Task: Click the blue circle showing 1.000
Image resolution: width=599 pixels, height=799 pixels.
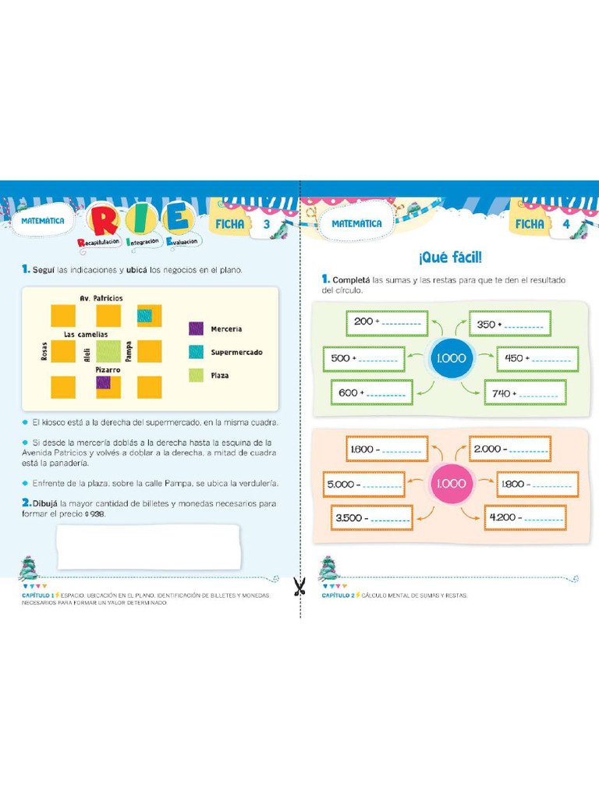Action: [x=448, y=358]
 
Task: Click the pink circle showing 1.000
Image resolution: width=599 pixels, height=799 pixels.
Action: [x=449, y=484]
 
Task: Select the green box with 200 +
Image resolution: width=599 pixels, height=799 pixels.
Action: [x=385, y=321]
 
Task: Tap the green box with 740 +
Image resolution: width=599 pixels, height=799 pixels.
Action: [x=525, y=393]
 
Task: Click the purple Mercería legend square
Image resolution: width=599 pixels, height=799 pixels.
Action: [x=197, y=328]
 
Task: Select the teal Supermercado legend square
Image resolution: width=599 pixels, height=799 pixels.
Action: [x=197, y=352]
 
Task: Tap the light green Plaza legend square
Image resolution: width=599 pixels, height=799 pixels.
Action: [x=197, y=375]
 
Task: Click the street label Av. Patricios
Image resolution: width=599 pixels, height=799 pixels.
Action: [x=101, y=298]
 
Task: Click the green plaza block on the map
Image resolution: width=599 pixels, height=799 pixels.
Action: [x=108, y=351]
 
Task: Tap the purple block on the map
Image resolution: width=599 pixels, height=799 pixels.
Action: [x=103, y=383]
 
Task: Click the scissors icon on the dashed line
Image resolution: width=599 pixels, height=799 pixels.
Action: [x=299, y=586]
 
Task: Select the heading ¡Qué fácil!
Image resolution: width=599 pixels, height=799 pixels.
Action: [x=448, y=257]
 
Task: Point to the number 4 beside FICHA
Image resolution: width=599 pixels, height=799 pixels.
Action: [x=566, y=224]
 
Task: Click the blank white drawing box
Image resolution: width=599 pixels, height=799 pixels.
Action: [x=148, y=546]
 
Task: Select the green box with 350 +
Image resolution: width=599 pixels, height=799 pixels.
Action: [x=509, y=323]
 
